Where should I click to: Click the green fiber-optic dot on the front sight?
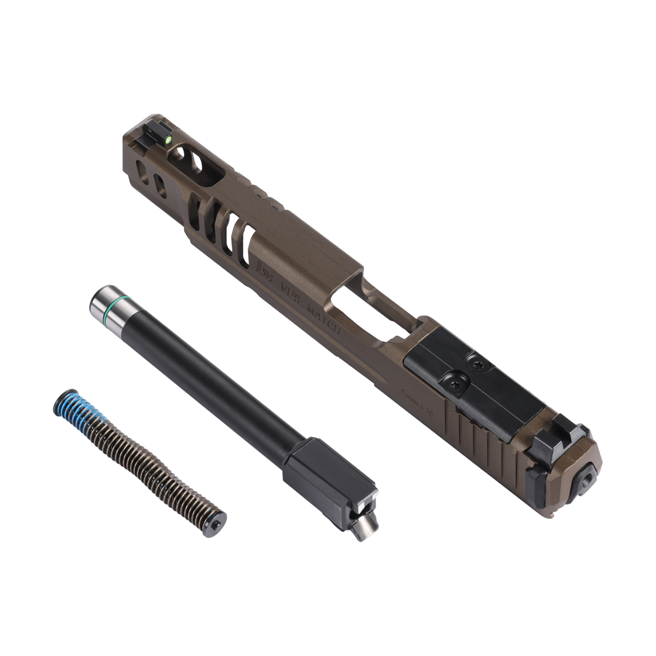click(x=168, y=140)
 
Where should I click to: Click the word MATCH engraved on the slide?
click(x=324, y=320)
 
